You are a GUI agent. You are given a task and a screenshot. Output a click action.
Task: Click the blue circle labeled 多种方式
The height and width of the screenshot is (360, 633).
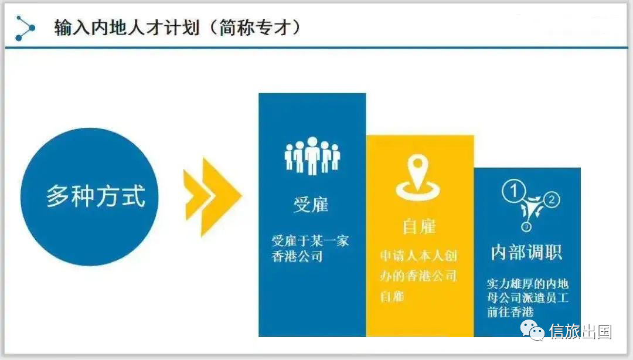click(x=89, y=197)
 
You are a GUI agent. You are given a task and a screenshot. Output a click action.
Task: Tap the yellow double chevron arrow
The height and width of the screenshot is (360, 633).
click(x=212, y=197)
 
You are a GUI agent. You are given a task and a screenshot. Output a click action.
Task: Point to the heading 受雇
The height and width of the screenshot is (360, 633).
click(x=311, y=205)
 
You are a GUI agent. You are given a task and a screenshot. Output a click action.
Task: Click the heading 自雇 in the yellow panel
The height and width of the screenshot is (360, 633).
click(x=420, y=227)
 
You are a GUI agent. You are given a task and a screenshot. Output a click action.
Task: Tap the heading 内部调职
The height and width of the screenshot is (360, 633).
click(x=526, y=253)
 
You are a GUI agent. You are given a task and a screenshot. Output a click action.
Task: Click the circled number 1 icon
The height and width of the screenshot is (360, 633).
click(x=513, y=191)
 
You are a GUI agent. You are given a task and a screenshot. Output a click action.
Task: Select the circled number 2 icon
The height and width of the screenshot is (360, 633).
click(x=552, y=199)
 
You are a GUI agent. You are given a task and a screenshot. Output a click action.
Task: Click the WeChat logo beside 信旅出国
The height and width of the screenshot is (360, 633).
click(x=532, y=331)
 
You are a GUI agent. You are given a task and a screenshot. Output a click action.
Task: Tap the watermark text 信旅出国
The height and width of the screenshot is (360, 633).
click(x=580, y=332)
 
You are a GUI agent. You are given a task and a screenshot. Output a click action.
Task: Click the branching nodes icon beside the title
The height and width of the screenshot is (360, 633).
click(x=25, y=28)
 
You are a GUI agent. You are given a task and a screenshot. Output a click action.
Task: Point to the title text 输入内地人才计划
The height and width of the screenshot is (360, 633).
click(x=127, y=28)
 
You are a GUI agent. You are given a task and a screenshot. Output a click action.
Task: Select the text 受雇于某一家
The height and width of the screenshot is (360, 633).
click(x=310, y=241)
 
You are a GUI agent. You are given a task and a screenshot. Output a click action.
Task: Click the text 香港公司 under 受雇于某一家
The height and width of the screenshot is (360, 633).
click(x=297, y=256)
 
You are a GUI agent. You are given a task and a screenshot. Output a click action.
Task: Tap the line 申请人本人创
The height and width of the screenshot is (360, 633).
click(x=418, y=256)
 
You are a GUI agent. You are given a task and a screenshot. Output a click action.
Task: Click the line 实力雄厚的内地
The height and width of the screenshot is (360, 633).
click(x=527, y=284)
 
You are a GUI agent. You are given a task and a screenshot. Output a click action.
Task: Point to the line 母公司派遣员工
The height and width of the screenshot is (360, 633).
click(x=527, y=298)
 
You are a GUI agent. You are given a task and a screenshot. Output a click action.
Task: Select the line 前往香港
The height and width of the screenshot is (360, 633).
click(x=511, y=312)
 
